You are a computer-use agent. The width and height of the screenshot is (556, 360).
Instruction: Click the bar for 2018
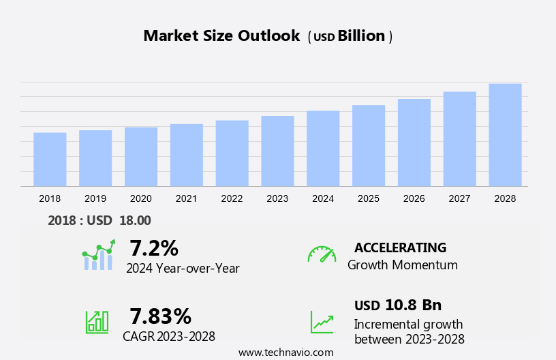50,159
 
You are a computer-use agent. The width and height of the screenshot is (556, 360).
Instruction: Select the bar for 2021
186,155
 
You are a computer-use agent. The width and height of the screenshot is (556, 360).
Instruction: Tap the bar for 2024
323,148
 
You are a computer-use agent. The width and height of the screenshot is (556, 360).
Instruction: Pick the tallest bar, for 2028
505,134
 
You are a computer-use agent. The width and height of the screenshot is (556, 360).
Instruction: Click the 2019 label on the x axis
95,198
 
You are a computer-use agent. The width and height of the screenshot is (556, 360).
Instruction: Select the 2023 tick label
277,198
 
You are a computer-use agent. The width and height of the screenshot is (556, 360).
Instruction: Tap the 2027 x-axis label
459,198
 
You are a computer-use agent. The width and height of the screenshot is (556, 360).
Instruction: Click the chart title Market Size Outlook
221,36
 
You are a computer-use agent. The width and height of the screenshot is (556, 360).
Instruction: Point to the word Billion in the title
361,36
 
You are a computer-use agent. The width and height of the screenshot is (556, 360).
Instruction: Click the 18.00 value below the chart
135,220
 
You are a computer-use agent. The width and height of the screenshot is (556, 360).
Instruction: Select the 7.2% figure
154,247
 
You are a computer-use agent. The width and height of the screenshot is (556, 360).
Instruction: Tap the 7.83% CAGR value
161,316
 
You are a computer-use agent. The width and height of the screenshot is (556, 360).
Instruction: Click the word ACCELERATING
400,247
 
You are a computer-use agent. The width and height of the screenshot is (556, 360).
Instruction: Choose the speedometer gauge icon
322,254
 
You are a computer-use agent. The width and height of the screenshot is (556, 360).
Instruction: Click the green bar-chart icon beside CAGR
97,321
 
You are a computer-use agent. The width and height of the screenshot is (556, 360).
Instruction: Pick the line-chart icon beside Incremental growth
322,322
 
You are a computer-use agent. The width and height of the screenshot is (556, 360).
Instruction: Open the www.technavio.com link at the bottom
285,352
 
